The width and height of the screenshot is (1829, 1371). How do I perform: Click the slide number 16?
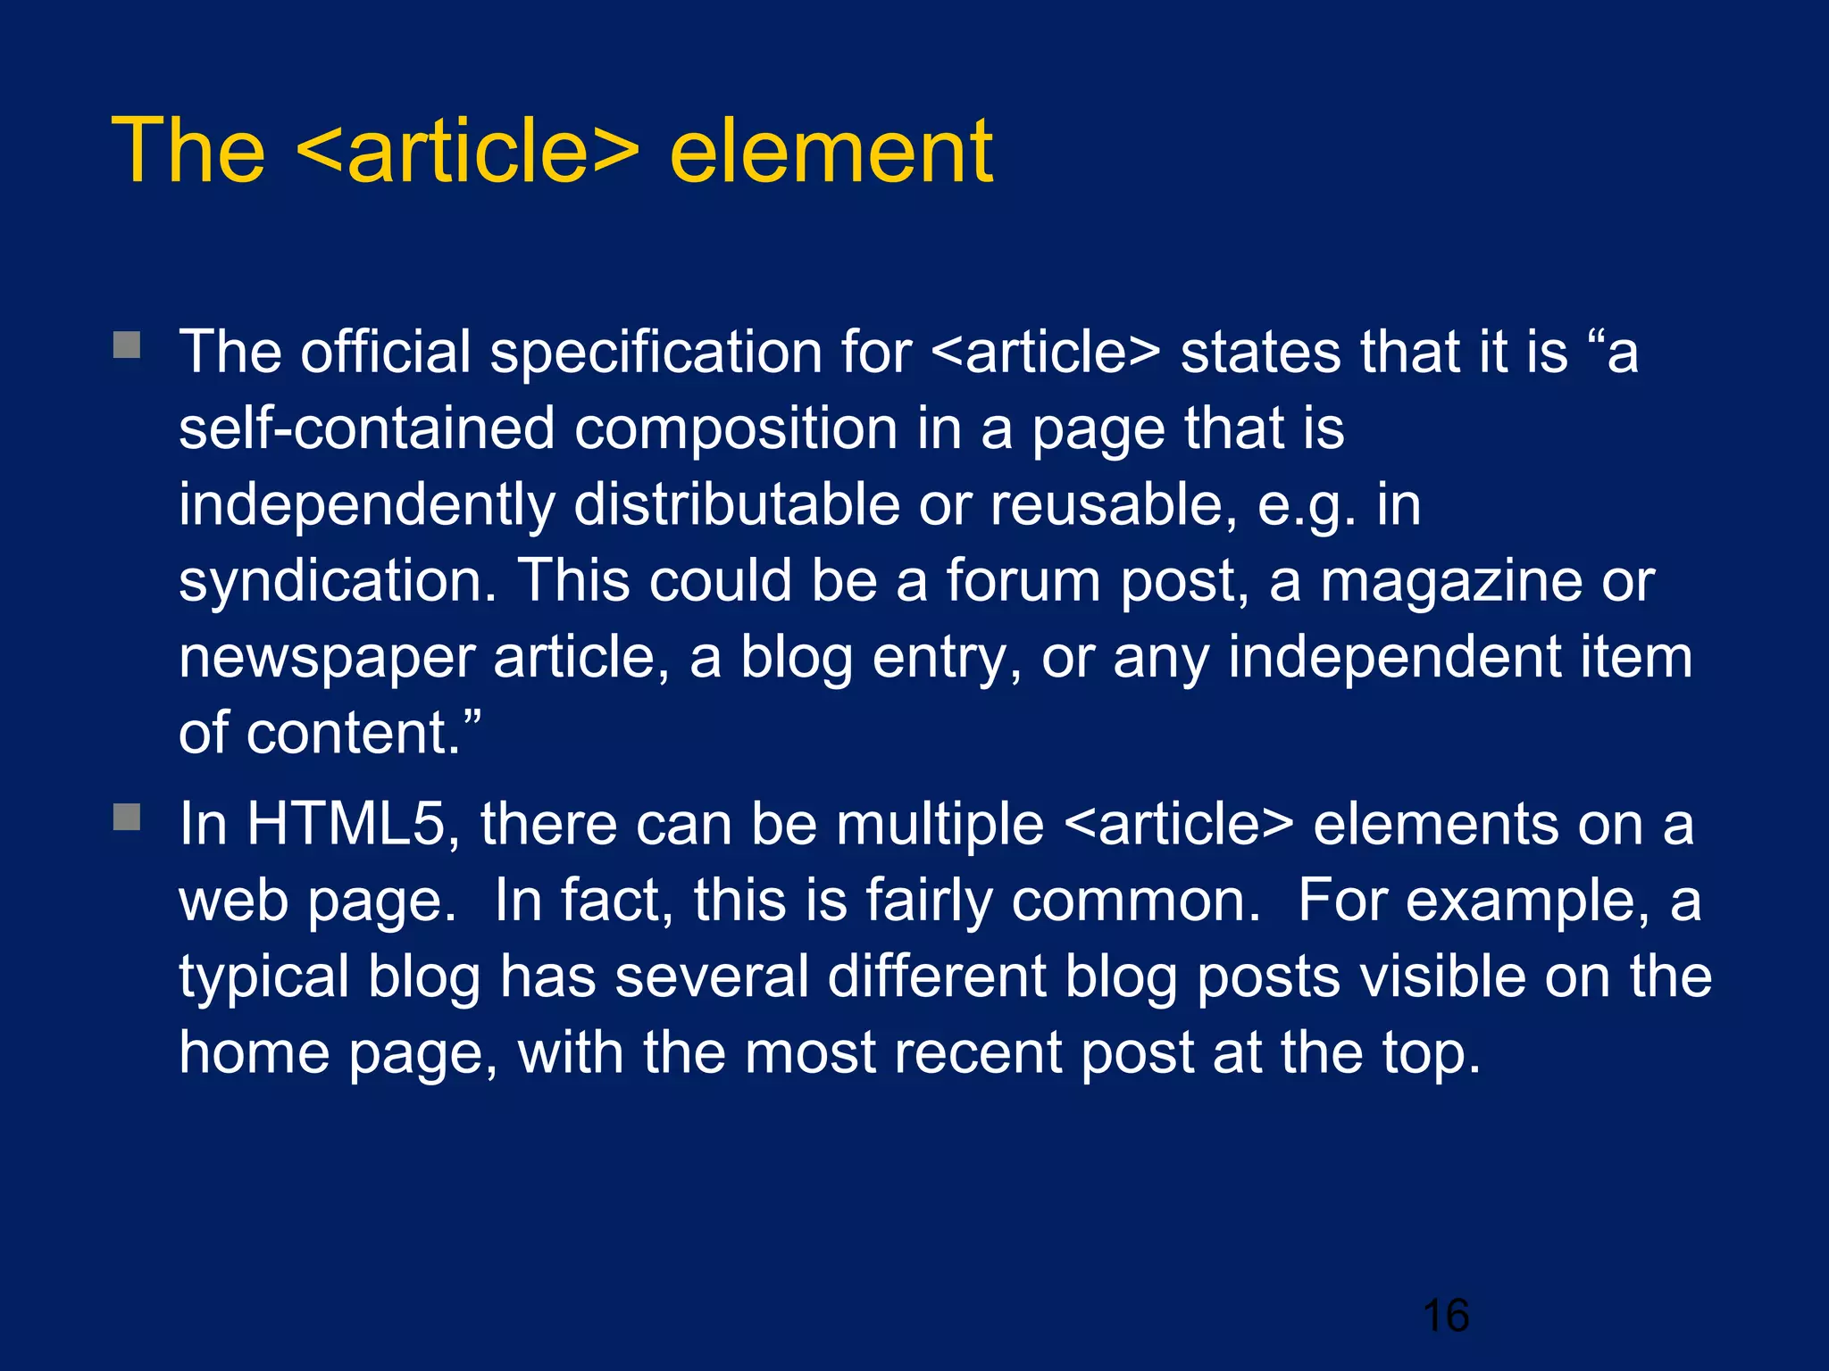[1446, 1316]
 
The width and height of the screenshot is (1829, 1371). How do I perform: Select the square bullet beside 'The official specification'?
[127, 345]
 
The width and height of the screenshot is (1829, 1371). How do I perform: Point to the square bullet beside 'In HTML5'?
[127, 816]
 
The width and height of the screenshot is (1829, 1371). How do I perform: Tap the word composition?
[735, 430]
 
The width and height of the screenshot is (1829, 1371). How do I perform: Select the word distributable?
[736, 505]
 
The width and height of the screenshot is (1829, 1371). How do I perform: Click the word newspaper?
[326, 659]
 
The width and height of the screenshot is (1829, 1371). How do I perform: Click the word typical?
[263, 977]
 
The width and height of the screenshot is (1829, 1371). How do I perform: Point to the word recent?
[977, 1053]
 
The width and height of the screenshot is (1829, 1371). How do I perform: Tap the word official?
[385, 353]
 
